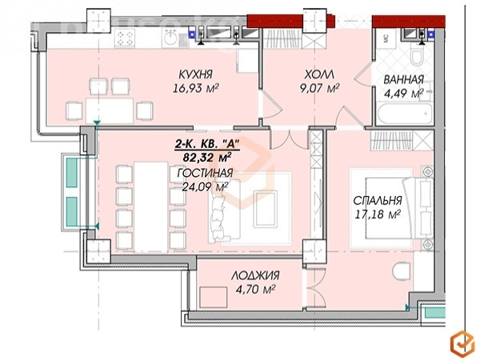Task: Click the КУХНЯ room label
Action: point(195,74)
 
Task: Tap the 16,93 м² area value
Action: point(196,89)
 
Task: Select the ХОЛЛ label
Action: point(319,74)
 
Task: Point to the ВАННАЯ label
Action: point(403,79)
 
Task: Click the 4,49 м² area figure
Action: point(404,94)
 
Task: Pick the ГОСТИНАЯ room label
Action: point(205,173)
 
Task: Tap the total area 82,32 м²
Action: point(207,158)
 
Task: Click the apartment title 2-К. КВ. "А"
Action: point(206,144)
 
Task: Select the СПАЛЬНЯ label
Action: point(378,201)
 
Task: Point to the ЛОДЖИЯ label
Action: point(255,275)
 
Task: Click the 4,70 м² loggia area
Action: point(255,290)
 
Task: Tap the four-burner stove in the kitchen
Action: point(125,38)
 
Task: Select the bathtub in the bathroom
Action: point(405,114)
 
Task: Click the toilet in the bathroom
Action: point(417,55)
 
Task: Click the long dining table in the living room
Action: point(151,207)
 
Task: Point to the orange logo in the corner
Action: point(462,342)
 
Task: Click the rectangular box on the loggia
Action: point(214,298)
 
